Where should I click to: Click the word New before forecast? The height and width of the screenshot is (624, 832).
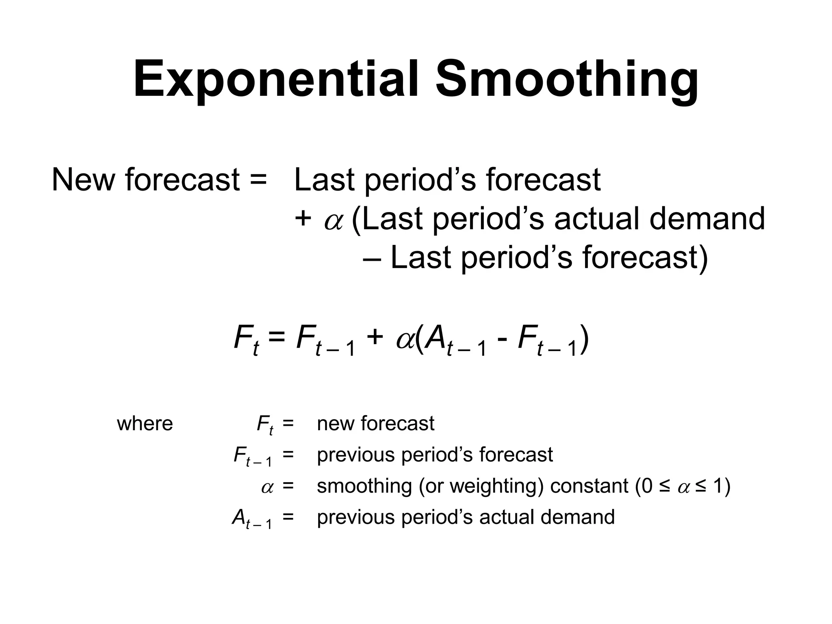pyautogui.click(x=83, y=180)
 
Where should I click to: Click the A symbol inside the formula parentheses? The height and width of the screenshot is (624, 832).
pyautogui.click(x=434, y=338)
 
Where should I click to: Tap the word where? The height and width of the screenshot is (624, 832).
pyautogui.click(x=145, y=424)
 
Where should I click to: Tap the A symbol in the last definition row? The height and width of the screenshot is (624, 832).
pyautogui.click(x=239, y=518)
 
